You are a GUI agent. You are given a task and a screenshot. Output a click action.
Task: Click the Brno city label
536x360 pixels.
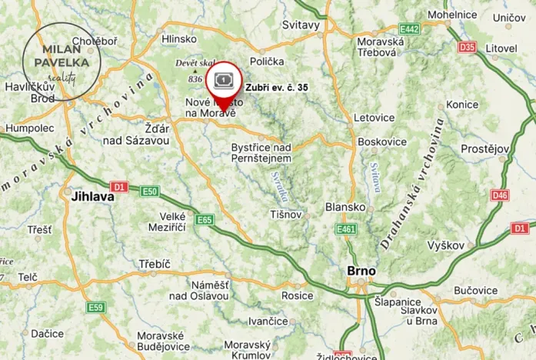pos(361,272)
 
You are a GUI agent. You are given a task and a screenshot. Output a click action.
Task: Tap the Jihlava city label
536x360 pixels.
pos(92,196)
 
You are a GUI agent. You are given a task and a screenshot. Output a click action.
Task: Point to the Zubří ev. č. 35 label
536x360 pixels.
pos(277,88)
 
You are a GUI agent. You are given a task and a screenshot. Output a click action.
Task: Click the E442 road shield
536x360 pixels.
pos(409,29)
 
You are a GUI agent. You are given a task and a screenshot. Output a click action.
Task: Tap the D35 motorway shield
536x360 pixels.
pos(467,47)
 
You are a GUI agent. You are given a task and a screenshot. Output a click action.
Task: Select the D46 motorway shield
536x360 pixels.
pos(500,195)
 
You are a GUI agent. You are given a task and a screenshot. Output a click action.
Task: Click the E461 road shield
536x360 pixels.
pos(346,229)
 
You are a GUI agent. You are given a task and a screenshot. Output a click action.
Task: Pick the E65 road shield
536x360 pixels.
pos(204,220)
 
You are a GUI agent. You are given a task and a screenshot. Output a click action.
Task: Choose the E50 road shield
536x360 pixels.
pos(149,192)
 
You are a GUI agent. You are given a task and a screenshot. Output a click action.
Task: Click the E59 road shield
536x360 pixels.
pos(95,308)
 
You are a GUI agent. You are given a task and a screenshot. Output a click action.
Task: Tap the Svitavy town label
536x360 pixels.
pos(301,25)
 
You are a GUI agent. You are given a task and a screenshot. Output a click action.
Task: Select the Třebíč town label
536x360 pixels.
pos(155,264)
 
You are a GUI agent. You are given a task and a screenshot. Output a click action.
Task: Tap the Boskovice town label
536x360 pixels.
pos(375,142)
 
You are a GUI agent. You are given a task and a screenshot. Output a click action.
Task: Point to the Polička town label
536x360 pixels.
pos(267,61)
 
